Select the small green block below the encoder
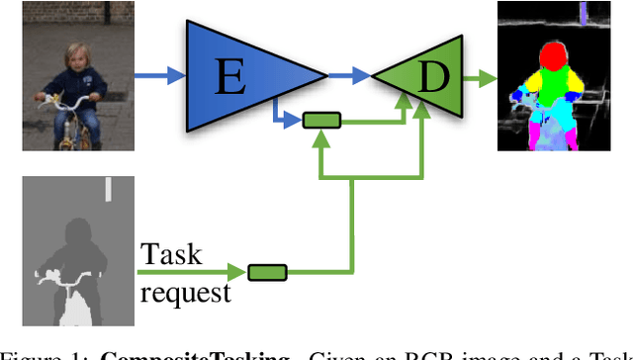(x=320, y=121)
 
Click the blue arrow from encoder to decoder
(x=348, y=74)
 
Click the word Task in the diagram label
(x=170, y=255)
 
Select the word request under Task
(x=185, y=293)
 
